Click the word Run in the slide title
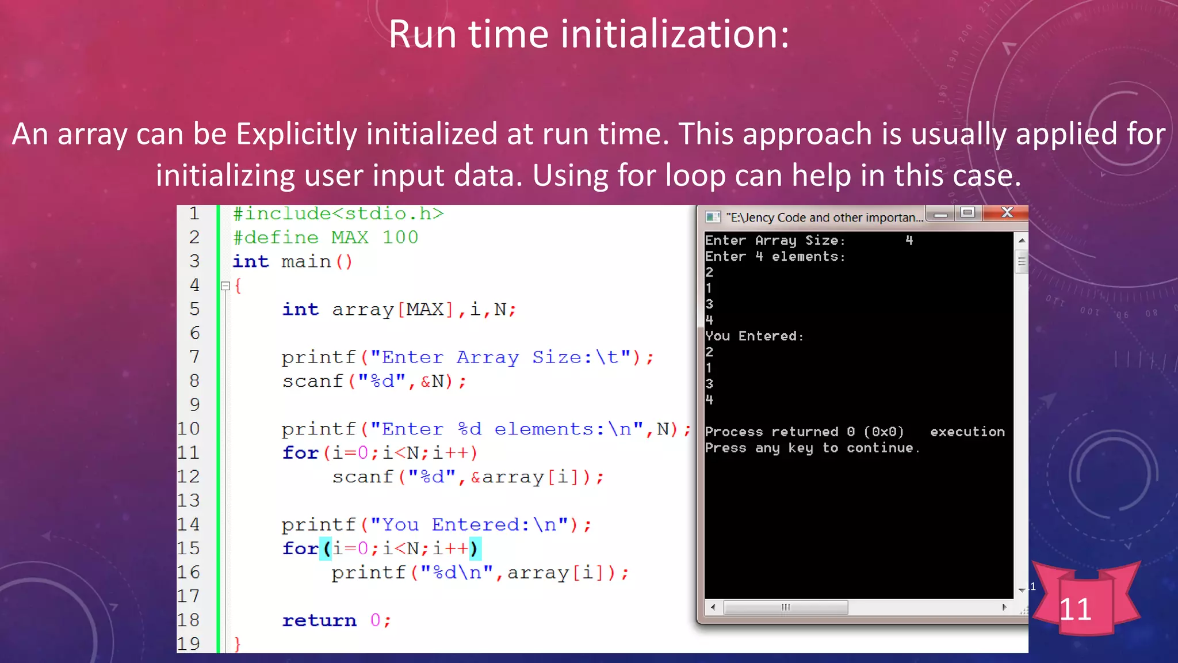click(423, 35)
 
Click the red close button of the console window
click(1006, 213)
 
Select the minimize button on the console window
click(940, 214)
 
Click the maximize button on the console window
click(968, 213)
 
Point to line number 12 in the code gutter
click(189, 477)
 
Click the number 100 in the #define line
click(400, 237)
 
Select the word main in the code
click(306, 262)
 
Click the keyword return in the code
click(319, 620)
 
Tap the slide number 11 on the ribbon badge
click(1075, 609)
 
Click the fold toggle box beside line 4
click(225, 285)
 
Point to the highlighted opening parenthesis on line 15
click(327, 548)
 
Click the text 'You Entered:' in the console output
click(754, 336)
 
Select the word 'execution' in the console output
click(967, 432)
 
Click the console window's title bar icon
click(713, 217)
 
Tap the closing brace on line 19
click(237, 643)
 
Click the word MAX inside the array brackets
click(425, 310)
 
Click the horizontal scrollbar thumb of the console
click(785, 607)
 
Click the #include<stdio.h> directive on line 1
click(338, 214)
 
